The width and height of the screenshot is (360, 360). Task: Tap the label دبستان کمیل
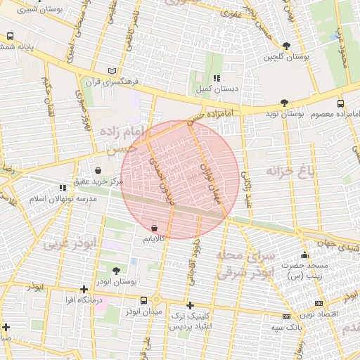tap(218, 89)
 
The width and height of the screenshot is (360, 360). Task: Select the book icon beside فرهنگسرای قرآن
tap(112, 71)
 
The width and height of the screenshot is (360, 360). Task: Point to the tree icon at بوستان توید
tap(284, 103)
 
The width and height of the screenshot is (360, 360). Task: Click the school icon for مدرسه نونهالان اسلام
tap(63, 188)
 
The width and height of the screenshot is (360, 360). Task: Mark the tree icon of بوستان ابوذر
tap(116, 271)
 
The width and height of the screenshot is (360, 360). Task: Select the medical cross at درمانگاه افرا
tap(84, 289)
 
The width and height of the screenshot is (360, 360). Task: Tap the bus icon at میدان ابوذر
tap(144, 300)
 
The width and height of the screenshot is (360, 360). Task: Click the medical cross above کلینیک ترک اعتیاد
tap(190, 305)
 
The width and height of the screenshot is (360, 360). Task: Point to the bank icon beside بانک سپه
tap(285, 316)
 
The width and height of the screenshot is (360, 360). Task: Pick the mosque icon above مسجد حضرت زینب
tap(304, 255)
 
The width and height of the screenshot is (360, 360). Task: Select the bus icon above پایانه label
tap(11, 36)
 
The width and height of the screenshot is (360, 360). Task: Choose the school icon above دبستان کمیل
tap(217, 78)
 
